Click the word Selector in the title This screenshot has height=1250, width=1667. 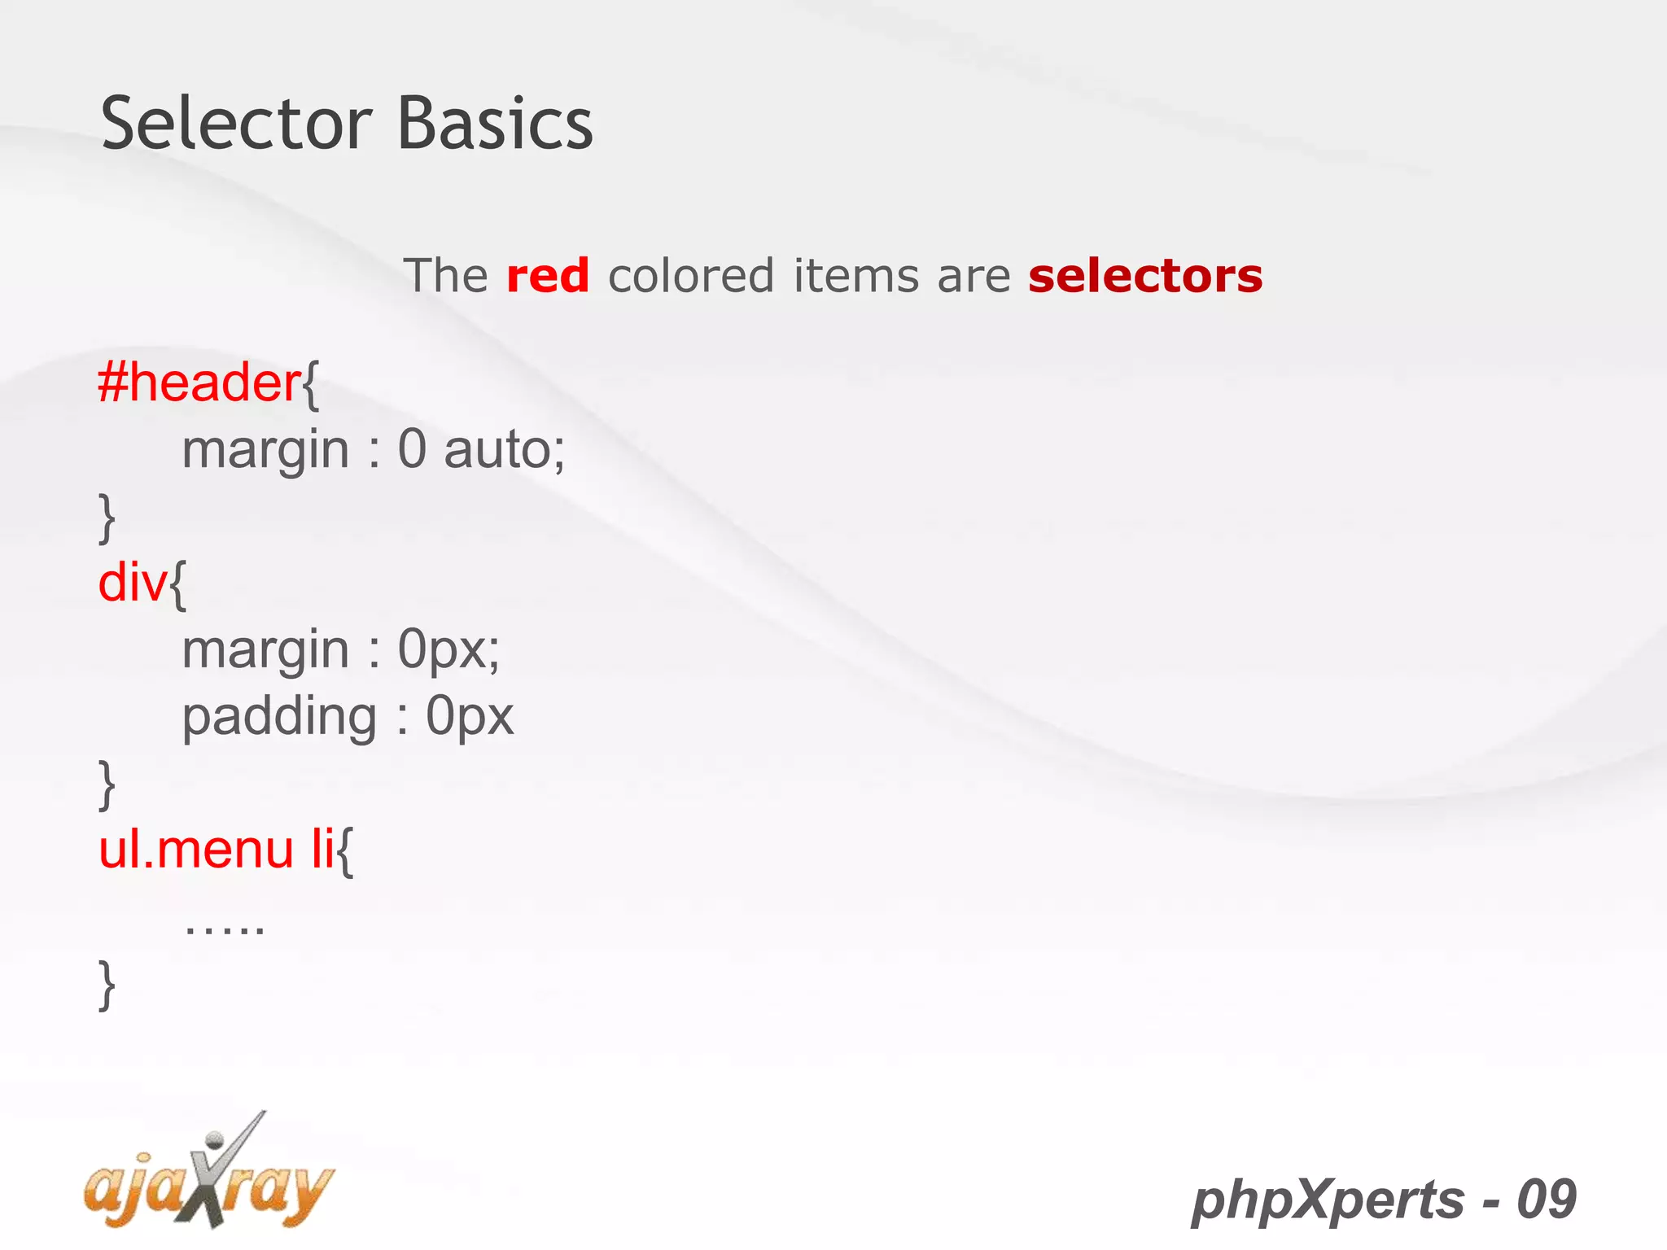pyautogui.click(x=236, y=124)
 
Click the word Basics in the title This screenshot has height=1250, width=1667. pyautogui.click(x=495, y=124)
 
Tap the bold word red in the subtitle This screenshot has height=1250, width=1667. pyautogui.click(x=547, y=275)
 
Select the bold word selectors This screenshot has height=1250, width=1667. pyautogui.click(x=1144, y=275)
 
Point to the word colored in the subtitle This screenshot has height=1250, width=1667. pyautogui.click(x=690, y=275)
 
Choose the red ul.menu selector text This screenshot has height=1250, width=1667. pyautogui.click(x=195, y=850)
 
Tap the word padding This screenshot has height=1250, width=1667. pyautogui.click(x=278, y=718)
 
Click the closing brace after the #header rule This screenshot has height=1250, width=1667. pyautogui.click(x=107, y=518)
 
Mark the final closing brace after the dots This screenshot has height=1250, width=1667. pyautogui.click(x=107, y=985)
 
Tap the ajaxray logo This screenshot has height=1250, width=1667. pyautogui.click(x=208, y=1177)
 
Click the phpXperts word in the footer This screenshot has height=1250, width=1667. pyautogui.click(x=1327, y=1200)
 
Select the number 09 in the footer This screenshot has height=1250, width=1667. pyautogui.click(x=1547, y=1200)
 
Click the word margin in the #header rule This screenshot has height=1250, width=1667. pyautogui.click(x=265, y=451)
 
